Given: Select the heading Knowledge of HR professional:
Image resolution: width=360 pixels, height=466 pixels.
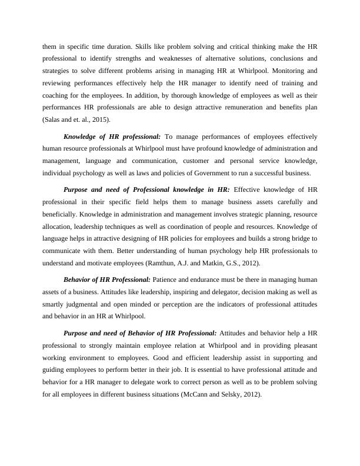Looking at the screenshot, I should pyautogui.click(x=112, y=137).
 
